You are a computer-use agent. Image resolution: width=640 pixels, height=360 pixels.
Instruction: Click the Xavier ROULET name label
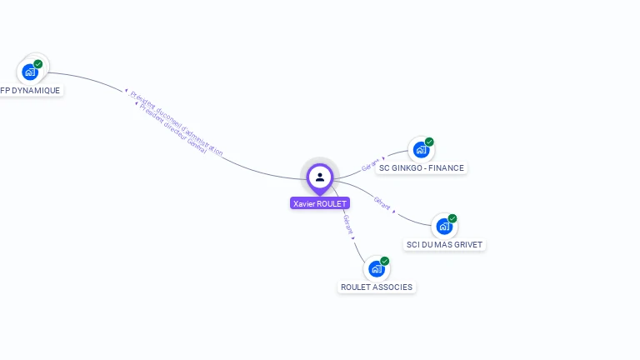pos(320,203)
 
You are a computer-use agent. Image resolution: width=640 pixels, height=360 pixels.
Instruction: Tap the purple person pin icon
pos(320,177)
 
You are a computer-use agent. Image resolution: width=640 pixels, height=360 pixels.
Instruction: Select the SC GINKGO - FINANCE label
pos(421,167)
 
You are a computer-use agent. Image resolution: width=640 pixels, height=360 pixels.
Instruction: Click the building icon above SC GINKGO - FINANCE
pos(421,151)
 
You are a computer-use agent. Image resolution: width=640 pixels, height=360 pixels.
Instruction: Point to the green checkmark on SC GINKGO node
pos(429,142)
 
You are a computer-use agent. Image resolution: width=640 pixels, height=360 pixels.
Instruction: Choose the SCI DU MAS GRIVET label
pos(444,244)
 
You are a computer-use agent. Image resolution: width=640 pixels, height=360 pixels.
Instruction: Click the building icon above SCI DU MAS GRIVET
pos(444,227)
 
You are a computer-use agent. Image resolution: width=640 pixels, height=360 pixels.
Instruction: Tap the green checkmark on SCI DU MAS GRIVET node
pos(452,218)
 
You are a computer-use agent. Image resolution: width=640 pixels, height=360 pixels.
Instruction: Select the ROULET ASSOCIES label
pos(377,287)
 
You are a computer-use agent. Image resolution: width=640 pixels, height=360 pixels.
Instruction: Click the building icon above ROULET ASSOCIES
pos(377,269)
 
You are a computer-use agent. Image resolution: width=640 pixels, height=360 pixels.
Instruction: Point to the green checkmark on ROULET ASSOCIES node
pos(385,261)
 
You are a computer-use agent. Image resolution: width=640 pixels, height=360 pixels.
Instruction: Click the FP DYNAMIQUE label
pos(31,90)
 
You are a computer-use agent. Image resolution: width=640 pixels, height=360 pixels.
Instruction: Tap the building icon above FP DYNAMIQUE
pos(30,72)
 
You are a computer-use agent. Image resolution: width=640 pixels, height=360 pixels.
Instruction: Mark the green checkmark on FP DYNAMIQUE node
pos(38,63)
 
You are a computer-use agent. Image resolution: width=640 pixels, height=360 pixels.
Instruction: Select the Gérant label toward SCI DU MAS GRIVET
pos(382,202)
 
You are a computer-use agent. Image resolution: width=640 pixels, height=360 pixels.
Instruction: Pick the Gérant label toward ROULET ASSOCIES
pos(348,222)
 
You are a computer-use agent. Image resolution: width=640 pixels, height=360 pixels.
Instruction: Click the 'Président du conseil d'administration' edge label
pos(177,122)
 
